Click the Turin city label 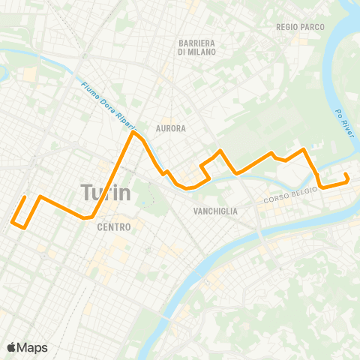pos(105,193)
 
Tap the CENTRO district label pos(114,227)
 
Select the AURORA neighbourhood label pos(170,128)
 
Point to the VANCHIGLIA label pos(214,211)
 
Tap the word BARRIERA pos(197,43)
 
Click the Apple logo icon pos(12,347)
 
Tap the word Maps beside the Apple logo pos(33,347)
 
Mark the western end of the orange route pos(25,197)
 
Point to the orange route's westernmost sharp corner pos(13,221)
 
